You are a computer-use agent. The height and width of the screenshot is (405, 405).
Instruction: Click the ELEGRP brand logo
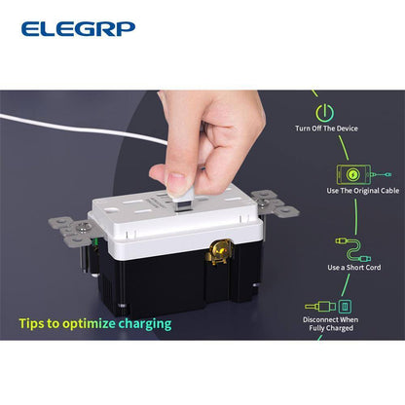[78, 29]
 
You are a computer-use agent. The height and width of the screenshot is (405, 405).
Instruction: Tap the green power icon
[324, 112]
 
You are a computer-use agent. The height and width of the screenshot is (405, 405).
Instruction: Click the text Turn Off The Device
[326, 129]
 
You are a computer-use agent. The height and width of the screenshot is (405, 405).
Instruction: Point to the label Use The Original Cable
[363, 191]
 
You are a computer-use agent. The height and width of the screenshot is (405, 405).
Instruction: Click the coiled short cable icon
[353, 250]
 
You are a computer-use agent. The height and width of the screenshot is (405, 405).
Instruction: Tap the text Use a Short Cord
[354, 268]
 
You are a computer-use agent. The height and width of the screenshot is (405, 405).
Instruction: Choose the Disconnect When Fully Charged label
[331, 324]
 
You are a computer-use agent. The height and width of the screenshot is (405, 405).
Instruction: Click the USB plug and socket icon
[328, 307]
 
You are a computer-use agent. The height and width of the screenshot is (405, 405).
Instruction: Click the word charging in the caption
[145, 324]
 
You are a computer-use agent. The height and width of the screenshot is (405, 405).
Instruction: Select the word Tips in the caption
[31, 324]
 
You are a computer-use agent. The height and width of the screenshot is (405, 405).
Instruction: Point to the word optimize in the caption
[89, 324]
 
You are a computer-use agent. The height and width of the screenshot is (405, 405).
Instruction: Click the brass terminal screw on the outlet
[220, 251]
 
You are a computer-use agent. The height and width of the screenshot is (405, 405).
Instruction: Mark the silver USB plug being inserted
[184, 200]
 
